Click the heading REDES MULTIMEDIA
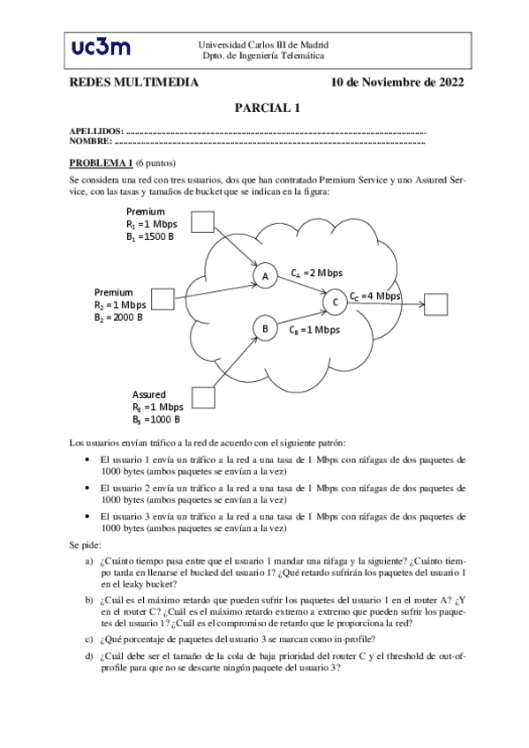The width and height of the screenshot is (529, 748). coord(133,83)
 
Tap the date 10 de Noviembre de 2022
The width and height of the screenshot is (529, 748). coord(397,83)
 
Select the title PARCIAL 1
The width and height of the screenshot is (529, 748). coord(268,108)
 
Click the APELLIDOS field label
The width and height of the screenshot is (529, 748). coord(96,131)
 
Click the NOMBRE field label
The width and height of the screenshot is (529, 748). coord(90,141)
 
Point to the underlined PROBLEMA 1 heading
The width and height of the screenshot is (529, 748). coord(101,162)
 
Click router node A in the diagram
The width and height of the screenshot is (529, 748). coord(264,276)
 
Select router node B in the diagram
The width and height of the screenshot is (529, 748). coord(264,329)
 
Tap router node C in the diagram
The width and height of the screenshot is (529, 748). coord(335,303)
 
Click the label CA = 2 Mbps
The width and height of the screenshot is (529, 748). coord(316,273)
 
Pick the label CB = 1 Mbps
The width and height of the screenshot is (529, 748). coord(314,330)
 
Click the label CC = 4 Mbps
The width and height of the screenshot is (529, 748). coord(374,296)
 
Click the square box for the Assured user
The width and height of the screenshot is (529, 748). coord(203,398)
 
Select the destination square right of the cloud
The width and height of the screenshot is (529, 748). coord(435,303)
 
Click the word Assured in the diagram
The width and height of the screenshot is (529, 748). coord(149,394)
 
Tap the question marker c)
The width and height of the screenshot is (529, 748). coord(88,640)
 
